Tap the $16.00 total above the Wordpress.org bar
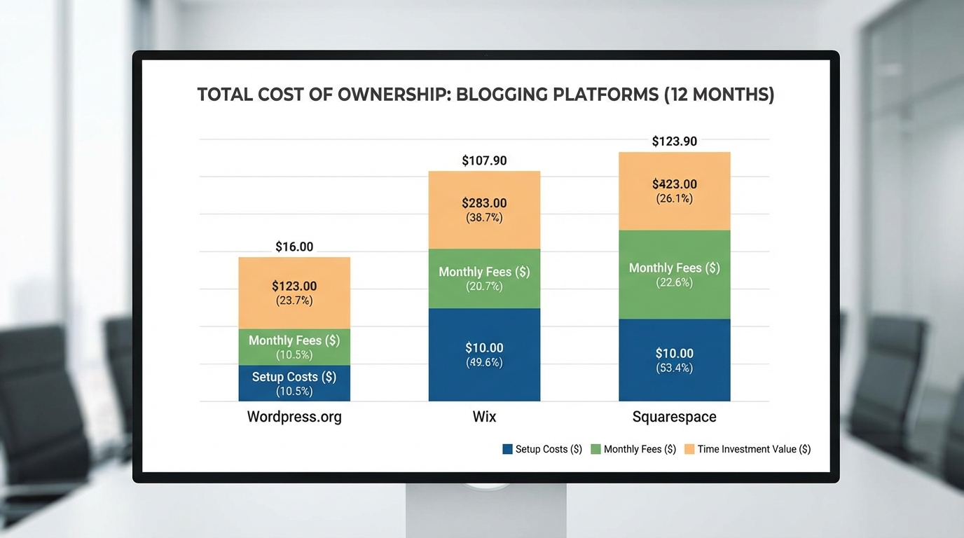(294, 247)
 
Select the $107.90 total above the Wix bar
(484, 160)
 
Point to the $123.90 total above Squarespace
(674, 142)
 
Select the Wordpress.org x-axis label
(294, 417)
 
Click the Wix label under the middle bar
(484, 417)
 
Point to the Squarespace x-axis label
(674, 417)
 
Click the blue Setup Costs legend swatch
(508, 449)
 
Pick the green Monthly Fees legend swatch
(596, 449)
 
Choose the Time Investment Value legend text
(754, 449)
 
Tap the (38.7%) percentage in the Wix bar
(484, 218)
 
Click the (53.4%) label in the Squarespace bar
(674, 368)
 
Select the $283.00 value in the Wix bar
(484, 203)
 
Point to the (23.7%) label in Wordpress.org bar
(294, 301)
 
